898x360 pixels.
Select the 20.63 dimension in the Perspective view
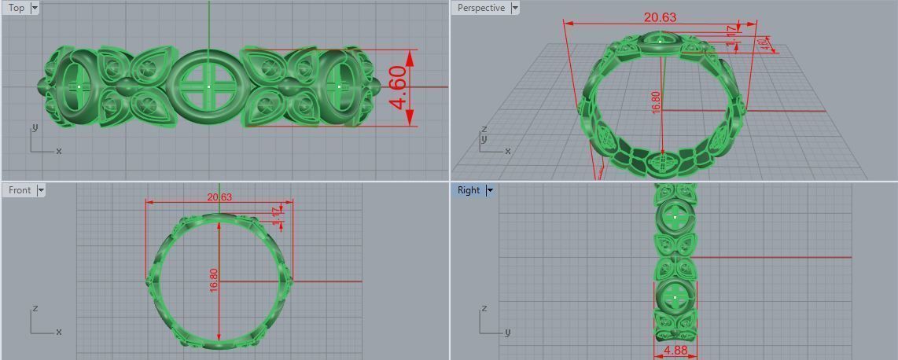coord(659,17)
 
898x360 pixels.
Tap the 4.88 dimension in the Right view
coord(675,351)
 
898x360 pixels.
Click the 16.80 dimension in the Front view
coord(213,281)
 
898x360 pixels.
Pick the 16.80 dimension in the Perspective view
coord(656,102)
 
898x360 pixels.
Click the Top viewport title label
coord(16,8)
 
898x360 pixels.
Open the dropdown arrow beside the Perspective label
coord(515,8)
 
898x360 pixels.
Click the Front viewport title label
coord(20,190)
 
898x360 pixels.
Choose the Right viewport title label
coord(468,190)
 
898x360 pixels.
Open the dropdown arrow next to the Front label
coord(41,190)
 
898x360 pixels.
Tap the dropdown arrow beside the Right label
coord(489,190)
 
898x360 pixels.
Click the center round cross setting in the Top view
coord(208,86)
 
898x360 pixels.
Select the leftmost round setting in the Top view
coord(79,86)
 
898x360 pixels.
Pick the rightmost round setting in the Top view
coord(339,86)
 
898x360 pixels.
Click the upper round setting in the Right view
coord(675,215)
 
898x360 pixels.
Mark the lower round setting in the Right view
coord(675,297)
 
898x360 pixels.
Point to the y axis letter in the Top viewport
coord(33,127)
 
